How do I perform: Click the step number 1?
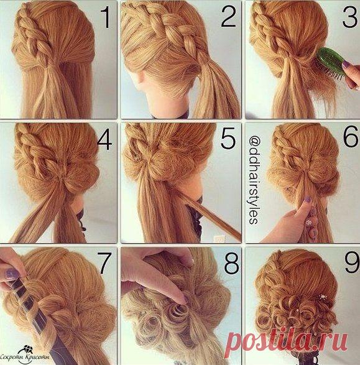(106, 17)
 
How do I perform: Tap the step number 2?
(229, 17)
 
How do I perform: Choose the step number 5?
(228, 138)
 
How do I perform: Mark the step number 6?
(351, 136)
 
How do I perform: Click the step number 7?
(104, 263)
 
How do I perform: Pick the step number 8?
(231, 263)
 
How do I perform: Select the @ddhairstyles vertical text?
(254, 180)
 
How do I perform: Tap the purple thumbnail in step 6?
(308, 199)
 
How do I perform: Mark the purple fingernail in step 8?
(187, 300)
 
